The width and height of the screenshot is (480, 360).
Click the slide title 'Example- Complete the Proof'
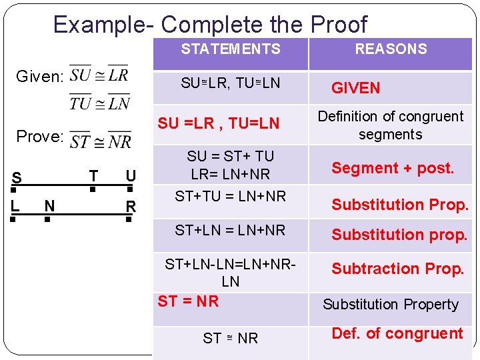[x=210, y=25]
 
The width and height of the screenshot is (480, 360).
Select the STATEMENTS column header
[x=231, y=49]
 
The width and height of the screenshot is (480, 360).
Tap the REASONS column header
[x=391, y=49]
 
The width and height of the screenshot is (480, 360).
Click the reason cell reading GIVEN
[x=356, y=88]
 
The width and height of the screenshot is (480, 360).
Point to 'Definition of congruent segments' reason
[x=390, y=125]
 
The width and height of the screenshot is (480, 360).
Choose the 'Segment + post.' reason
[x=393, y=169]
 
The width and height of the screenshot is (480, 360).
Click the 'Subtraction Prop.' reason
[x=397, y=269]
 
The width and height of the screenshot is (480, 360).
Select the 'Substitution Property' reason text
[x=391, y=305]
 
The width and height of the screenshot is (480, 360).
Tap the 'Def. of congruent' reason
[x=397, y=333]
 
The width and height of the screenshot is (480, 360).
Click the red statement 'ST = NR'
[x=188, y=301]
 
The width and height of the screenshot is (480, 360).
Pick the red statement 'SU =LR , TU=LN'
[x=218, y=123]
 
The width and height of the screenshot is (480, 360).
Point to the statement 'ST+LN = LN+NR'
[x=230, y=231]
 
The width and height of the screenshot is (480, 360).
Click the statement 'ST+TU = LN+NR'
[x=230, y=196]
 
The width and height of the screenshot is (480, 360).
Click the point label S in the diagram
[x=16, y=179]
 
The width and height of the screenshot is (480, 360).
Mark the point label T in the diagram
[x=93, y=176]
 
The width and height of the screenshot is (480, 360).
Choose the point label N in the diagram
[x=49, y=206]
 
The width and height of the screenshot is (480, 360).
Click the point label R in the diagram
[x=131, y=207]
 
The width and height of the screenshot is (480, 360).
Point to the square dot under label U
[x=129, y=189]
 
